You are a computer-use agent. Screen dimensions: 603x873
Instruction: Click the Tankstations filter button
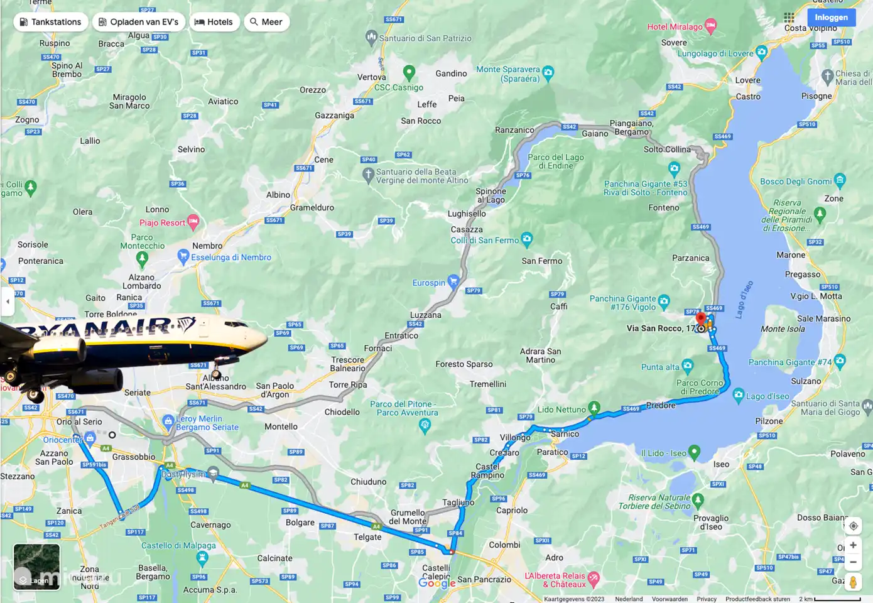point(50,22)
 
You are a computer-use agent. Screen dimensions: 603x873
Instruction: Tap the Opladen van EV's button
point(138,22)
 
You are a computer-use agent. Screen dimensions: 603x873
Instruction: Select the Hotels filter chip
point(214,22)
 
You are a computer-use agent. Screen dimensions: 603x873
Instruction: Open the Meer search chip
point(266,22)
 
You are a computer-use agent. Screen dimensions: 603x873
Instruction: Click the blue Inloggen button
point(831,18)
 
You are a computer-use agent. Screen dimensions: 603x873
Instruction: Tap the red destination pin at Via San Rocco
point(701,318)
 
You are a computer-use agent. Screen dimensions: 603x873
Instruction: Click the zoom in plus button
point(853,545)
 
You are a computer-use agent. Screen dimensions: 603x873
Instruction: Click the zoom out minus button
point(853,562)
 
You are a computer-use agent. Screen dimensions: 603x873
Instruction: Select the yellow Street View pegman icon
point(853,582)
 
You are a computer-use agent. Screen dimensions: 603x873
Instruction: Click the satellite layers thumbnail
point(36,567)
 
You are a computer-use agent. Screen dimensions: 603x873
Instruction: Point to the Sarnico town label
point(565,434)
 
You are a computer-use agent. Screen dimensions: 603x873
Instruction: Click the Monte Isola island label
point(783,329)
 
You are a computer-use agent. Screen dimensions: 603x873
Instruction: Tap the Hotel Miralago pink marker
point(710,26)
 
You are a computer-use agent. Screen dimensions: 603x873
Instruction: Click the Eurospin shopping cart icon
point(453,281)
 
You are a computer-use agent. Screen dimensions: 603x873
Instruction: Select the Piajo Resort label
point(162,223)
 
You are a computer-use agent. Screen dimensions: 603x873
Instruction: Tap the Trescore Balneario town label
point(348,364)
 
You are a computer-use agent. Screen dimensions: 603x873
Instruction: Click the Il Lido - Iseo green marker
point(694,452)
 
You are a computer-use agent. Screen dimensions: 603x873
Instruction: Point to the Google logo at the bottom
point(436,583)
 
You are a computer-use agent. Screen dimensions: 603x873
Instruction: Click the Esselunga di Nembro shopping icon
point(183,256)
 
